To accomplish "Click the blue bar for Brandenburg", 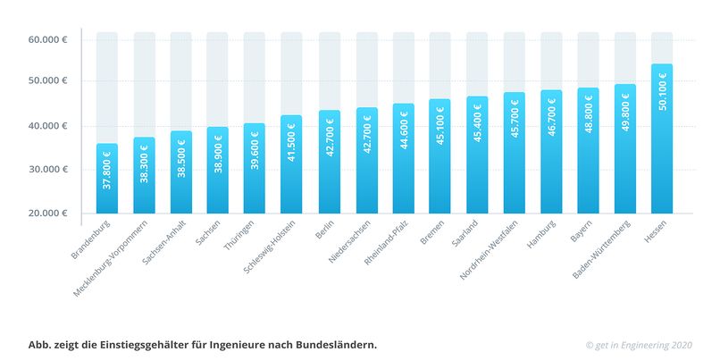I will coord(107,179).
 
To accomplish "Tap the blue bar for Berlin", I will coord(329,162).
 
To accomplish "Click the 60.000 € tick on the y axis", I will coord(48,40).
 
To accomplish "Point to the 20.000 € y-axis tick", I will coord(48,213).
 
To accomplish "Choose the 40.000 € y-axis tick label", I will coord(48,126).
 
